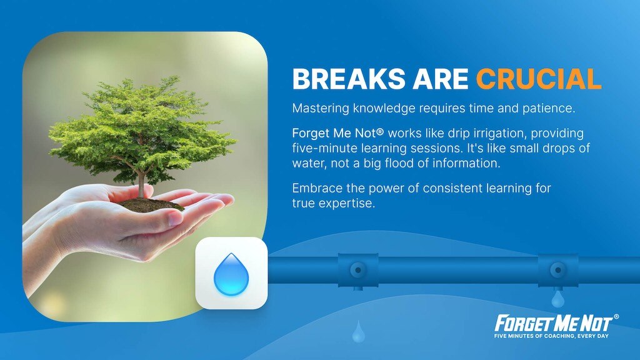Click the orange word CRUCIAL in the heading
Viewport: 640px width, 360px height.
(x=538, y=79)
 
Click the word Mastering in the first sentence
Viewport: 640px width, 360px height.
(x=321, y=109)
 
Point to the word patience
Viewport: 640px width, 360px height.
(x=549, y=109)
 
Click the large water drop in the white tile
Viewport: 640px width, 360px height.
(x=231, y=274)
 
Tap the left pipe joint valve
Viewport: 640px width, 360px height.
(x=358, y=270)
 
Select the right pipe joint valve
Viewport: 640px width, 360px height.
(x=558, y=270)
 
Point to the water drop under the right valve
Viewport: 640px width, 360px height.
(x=558, y=299)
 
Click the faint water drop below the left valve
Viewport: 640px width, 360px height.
(x=358, y=332)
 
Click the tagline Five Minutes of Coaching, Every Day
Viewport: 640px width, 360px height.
(x=551, y=336)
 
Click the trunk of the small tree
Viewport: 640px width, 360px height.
(x=141, y=182)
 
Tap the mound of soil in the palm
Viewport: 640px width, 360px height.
(x=149, y=204)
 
